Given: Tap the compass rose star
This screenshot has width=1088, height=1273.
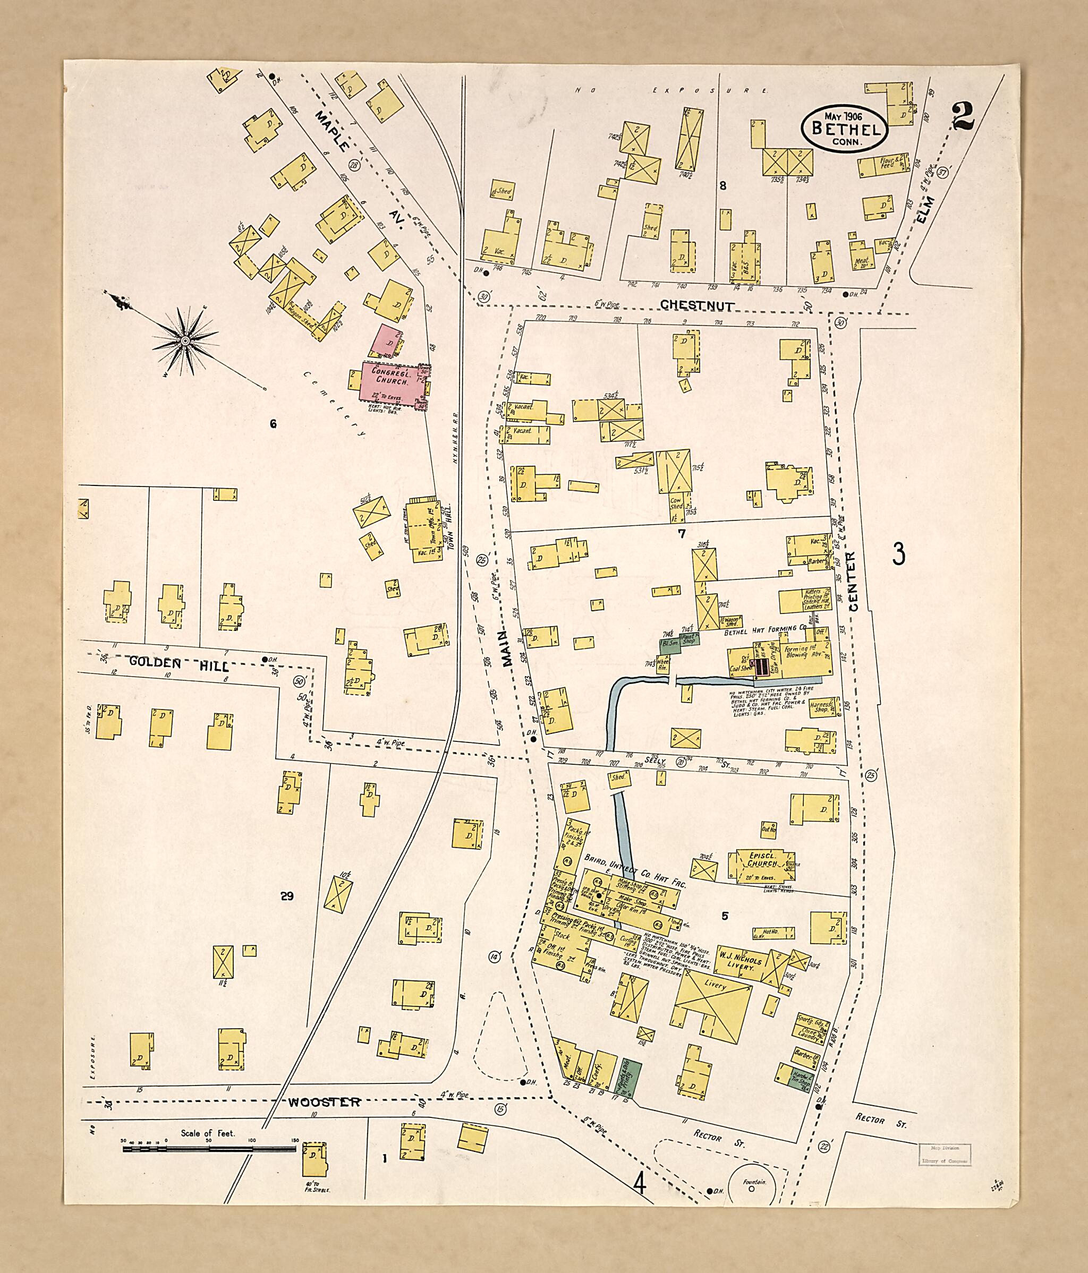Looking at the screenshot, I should [x=184, y=340].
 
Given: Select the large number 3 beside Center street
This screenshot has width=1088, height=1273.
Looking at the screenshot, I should [x=899, y=555].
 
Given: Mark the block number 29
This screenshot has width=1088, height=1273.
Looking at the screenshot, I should [x=286, y=896].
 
